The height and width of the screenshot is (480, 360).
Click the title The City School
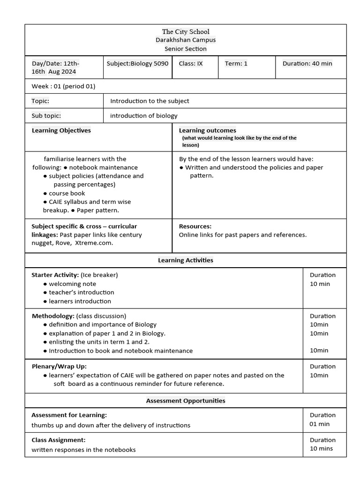[186, 31]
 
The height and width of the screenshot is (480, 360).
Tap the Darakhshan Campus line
[186, 40]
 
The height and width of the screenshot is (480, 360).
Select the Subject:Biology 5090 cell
[137, 64]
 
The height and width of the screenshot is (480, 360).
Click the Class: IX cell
[191, 64]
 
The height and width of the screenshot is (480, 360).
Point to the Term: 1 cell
[236, 64]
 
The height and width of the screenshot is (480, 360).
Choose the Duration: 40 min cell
[307, 64]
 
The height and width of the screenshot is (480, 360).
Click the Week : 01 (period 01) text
[63, 86]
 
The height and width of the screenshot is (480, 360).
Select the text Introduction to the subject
[150, 101]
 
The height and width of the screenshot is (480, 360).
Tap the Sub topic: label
[46, 116]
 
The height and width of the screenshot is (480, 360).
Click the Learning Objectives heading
[61, 130]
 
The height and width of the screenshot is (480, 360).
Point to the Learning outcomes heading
[207, 130]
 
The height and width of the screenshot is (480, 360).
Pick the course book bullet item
[67, 193]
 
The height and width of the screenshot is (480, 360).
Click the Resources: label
[195, 226]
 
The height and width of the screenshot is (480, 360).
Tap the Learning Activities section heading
[186, 260]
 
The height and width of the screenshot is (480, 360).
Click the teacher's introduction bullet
[81, 292]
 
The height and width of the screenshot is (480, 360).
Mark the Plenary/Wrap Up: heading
[59, 366]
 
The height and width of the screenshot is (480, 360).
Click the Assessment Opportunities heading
[186, 401]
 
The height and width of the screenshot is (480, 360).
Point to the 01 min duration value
[319, 424]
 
